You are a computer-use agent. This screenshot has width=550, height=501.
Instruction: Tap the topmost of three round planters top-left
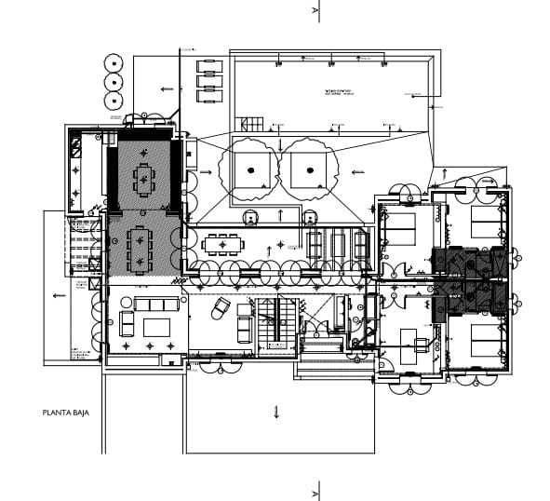pyautogui.click(x=114, y=62)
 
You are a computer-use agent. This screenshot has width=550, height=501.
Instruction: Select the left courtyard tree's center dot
pyautogui.click(x=249, y=170)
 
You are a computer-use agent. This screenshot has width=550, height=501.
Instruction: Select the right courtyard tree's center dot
pyautogui.click(x=309, y=170)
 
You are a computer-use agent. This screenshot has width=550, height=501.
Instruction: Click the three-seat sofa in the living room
pyautogui.click(x=156, y=305)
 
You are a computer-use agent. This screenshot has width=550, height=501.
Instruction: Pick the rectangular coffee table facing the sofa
pyautogui.click(x=155, y=327)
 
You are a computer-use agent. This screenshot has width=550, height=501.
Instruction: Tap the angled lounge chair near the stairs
pyautogui.click(x=221, y=306)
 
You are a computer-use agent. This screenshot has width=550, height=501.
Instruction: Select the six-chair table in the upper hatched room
pyautogui.click(x=144, y=178)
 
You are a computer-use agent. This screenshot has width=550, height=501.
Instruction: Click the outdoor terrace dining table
pyautogui.click(x=222, y=245)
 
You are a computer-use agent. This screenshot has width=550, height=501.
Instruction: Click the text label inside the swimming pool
pyautogui.click(x=337, y=92)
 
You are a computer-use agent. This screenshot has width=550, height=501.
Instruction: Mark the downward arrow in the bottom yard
pyautogui.click(x=275, y=412)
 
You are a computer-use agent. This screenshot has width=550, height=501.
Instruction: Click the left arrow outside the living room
pyautogui.click(x=59, y=296)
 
